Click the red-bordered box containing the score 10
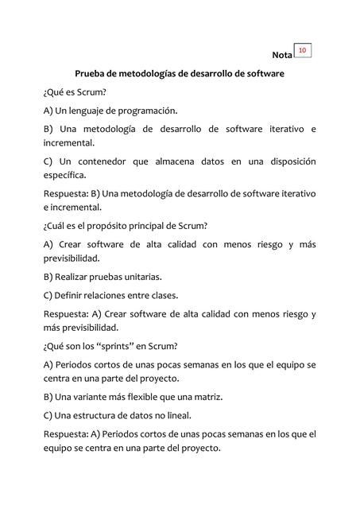303,51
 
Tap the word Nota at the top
281,56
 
